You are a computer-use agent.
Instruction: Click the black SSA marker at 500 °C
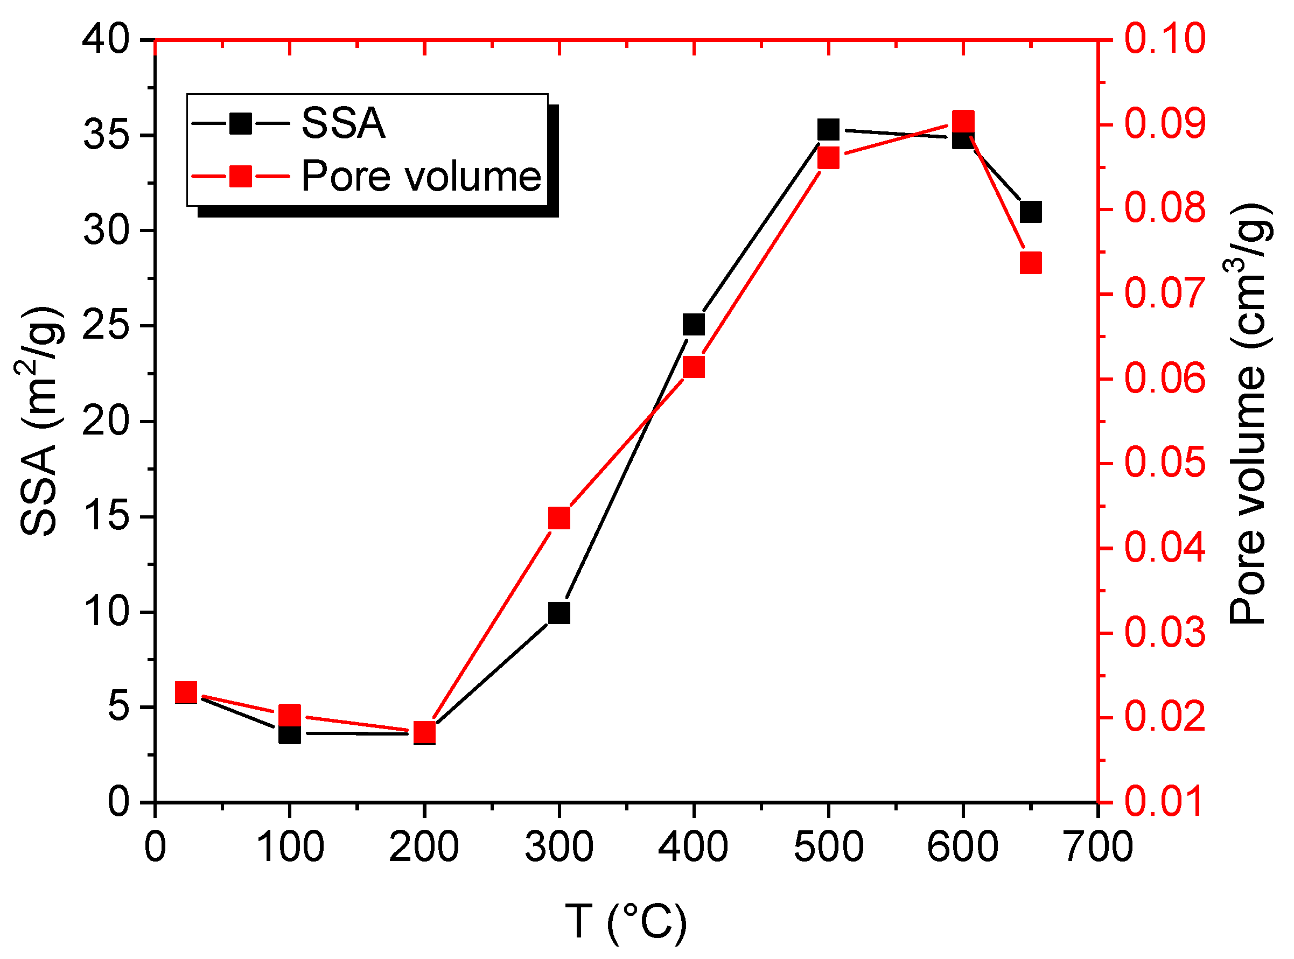tap(828, 129)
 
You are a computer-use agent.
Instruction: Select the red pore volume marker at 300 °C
tap(559, 518)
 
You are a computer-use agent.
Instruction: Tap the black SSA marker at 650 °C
tap(1031, 212)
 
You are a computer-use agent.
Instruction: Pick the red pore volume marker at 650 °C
tap(1031, 263)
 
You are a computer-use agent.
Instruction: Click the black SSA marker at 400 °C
tap(694, 325)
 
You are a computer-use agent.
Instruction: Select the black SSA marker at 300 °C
tap(559, 613)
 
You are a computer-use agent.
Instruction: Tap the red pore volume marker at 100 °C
tap(290, 715)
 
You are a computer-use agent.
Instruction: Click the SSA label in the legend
tap(342, 124)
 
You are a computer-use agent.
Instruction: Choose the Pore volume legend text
tap(421, 176)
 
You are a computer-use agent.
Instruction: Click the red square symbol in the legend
tap(240, 176)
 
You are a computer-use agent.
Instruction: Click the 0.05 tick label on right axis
tap(1165, 463)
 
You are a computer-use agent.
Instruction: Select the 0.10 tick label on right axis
tap(1165, 39)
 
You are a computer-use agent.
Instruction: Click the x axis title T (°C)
tap(626, 922)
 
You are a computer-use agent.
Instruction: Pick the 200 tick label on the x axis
tap(424, 847)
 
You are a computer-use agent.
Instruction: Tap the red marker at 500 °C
tap(828, 158)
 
